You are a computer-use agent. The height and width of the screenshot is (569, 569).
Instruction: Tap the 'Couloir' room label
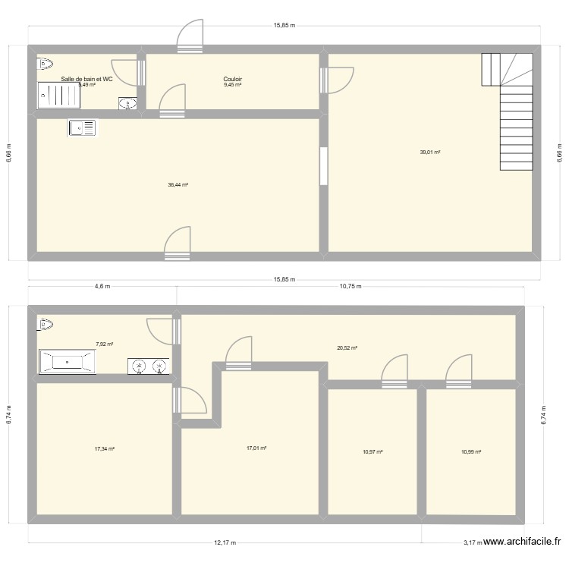click(x=232, y=78)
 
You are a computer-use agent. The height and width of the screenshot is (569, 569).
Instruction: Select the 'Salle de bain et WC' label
click(x=87, y=78)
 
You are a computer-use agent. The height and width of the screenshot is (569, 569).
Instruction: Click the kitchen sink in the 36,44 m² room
click(x=82, y=128)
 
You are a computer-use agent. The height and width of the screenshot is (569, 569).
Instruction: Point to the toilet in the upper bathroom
click(x=45, y=64)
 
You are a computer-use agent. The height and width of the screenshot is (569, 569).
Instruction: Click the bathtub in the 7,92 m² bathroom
click(x=67, y=362)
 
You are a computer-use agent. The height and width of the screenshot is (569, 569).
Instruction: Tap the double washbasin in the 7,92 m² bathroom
click(x=149, y=366)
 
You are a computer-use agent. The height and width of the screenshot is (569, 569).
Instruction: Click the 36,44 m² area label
click(x=178, y=184)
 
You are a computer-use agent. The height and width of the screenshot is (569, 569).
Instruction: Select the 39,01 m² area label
click(x=430, y=152)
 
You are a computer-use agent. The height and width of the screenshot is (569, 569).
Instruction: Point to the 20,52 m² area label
click(x=347, y=348)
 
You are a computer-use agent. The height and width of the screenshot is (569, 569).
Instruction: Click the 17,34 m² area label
click(x=104, y=449)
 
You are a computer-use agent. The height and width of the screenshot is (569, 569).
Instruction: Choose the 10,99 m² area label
click(x=471, y=452)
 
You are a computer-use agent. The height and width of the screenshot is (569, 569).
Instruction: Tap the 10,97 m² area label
click(x=373, y=452)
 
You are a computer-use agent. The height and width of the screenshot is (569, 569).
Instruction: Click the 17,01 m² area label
click(x=256, y=448)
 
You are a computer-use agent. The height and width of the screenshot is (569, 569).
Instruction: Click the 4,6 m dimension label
click(x=102, y=287)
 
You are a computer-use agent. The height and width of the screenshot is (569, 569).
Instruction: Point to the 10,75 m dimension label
click(x=350, y=287)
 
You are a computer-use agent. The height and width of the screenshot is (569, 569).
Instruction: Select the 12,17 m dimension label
click(x=225, y=542)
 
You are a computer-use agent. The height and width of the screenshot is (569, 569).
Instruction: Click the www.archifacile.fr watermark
click(x=522, y=542)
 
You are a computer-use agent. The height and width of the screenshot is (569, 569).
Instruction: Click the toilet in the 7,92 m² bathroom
click(x=45, y=325)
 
